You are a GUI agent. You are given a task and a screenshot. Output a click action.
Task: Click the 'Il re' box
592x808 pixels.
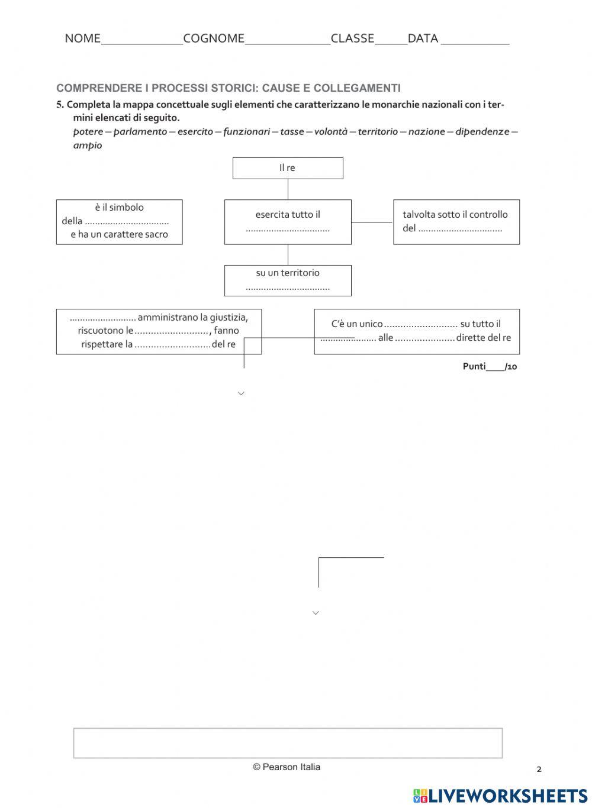pos(288,168)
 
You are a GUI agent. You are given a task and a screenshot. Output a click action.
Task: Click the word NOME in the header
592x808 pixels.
pos(82,38)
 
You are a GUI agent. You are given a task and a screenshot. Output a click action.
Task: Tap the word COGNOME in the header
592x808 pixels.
pos(214,38)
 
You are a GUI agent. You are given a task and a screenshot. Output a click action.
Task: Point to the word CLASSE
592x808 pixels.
pos(352,38)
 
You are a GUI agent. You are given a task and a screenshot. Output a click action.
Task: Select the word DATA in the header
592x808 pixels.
pos(423,38)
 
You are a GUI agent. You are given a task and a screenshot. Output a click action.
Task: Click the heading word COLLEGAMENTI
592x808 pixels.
pos(357,88)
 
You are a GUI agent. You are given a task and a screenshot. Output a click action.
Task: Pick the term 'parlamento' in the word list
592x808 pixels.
pos(140,131)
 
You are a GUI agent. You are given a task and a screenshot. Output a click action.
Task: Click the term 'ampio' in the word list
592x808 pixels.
pos(88,145)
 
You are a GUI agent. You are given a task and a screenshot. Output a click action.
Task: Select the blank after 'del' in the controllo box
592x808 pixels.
pos(460,229)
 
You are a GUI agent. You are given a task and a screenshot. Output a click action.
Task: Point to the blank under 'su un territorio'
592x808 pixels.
pos(288,288)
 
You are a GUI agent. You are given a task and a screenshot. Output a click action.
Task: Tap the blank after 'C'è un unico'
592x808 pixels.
pos(421,325)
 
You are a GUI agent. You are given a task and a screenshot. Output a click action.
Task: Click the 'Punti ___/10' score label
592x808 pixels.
pos(490,366)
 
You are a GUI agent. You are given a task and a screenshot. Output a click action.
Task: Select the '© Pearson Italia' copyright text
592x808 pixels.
pos(287,767)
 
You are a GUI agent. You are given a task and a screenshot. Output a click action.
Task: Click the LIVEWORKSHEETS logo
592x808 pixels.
pos(500,796)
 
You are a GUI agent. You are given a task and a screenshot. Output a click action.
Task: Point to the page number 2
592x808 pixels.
pos(539,770)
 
